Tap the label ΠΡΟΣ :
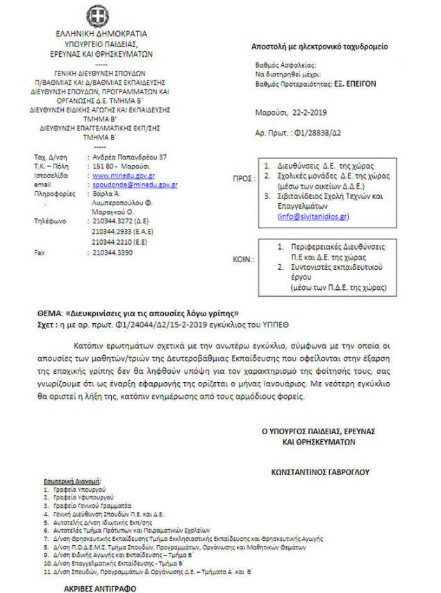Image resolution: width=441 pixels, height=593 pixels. click(x=242, y=178)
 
